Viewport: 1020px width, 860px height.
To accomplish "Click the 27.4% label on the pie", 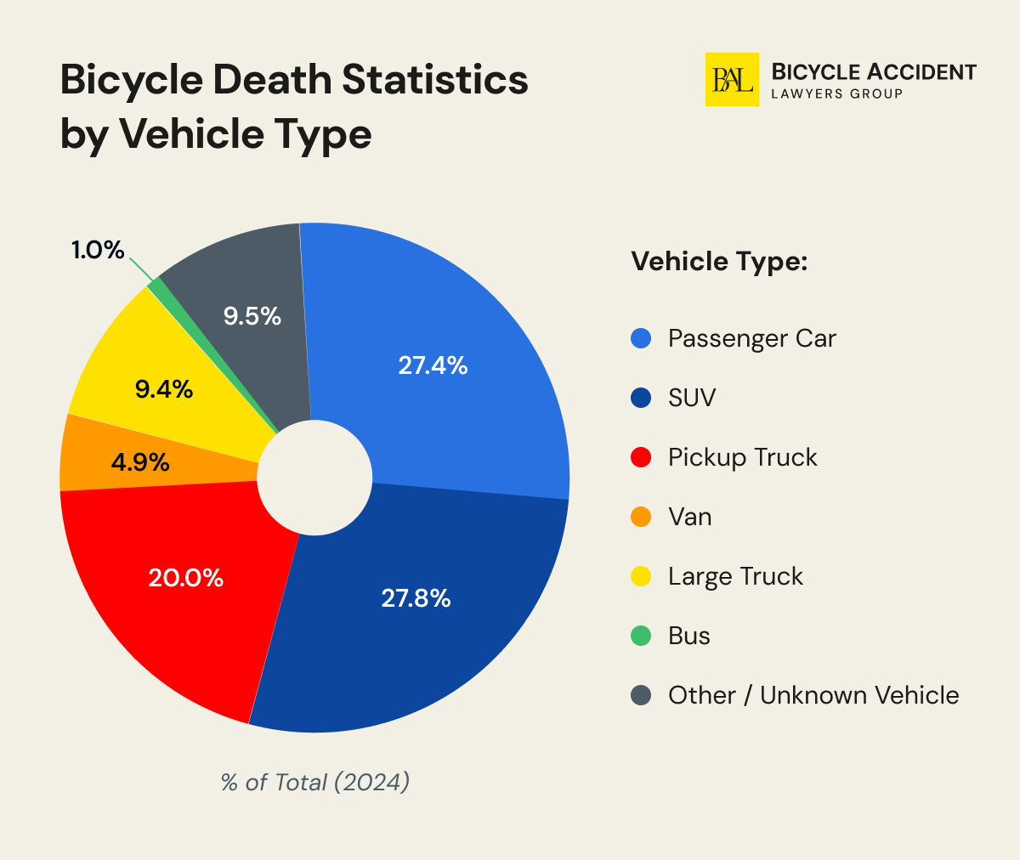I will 433,365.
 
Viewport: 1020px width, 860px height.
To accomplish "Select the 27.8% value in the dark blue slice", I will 416,598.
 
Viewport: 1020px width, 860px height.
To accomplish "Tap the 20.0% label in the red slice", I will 185,578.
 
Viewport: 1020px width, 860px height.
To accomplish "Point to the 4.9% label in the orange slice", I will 140,463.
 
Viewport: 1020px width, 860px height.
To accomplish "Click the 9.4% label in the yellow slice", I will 164,389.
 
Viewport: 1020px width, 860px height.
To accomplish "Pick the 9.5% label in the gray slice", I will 252,316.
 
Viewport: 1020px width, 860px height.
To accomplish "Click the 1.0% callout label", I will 98,250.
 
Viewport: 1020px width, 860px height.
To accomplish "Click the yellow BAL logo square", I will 732,80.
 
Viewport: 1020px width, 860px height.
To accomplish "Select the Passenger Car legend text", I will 751,338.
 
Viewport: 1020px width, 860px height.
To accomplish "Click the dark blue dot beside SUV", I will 641,398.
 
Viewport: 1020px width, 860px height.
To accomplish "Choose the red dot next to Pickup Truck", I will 641,457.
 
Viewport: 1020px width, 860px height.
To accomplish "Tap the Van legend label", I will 689,517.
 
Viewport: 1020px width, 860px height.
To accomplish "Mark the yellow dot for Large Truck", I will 641,576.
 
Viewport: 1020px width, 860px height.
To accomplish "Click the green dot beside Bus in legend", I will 641,636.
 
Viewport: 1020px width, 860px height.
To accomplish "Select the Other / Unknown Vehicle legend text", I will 813,695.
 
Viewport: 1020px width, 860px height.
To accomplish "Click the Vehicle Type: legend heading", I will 718,261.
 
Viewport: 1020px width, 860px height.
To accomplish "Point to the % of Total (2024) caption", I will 314,782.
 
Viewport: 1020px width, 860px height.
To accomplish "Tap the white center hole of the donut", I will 314,478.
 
